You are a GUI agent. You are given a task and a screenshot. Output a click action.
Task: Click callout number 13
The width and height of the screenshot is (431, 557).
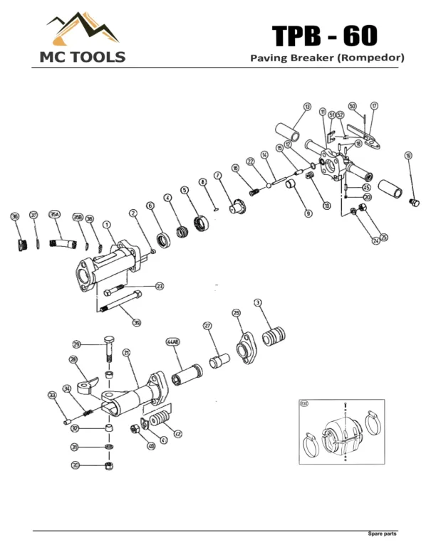[307, 107]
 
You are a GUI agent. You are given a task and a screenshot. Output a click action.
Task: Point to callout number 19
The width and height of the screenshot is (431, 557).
[408, 156]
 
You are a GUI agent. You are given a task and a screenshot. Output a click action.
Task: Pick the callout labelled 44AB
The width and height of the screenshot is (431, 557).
[173, 342]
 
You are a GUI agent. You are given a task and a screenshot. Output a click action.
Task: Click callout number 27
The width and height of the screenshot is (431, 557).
[208, 327]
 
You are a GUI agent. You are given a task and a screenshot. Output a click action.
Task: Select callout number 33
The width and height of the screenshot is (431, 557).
[52, 396]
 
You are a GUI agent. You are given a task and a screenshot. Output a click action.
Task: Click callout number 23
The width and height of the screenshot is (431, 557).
[160, 286]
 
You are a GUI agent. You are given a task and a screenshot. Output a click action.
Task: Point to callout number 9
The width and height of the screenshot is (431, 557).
[308, 213]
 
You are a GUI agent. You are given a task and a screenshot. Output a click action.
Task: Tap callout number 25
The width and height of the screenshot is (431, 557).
[384, 237]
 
